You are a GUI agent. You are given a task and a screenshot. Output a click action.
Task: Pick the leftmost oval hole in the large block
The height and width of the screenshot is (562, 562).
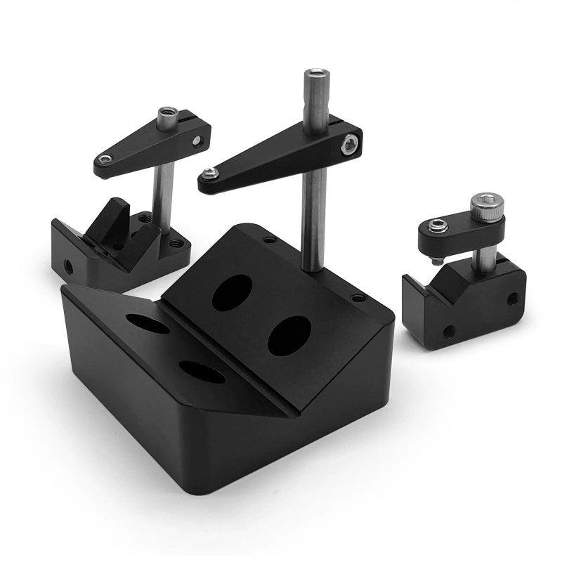pyautogui.click(x=148, y=324)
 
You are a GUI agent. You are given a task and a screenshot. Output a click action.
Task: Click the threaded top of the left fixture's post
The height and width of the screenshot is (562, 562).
pyautogui.click(x=167, y=115)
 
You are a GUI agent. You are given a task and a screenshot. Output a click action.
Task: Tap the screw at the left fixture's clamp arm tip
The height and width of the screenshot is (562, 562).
pyautogui.click(x=105, y=159)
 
